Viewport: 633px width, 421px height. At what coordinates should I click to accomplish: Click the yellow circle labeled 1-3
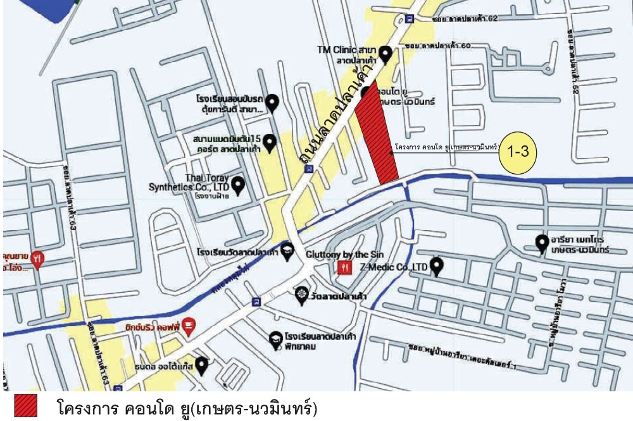[518, 152]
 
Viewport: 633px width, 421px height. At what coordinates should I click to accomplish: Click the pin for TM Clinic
[385, 54]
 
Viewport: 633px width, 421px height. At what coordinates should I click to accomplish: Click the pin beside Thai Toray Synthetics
[238, 185]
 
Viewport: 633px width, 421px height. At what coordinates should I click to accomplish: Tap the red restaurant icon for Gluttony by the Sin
[344, 267]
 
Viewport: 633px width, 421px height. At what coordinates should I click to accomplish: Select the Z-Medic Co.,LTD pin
[437, 266]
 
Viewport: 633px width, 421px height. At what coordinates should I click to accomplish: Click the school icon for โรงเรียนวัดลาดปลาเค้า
[287, 250]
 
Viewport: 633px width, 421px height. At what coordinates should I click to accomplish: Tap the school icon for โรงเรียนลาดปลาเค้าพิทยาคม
[275, 340]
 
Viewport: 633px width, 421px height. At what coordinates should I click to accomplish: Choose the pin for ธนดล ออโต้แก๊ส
[202, 365]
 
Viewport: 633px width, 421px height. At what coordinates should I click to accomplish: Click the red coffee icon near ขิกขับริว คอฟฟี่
[189, 326]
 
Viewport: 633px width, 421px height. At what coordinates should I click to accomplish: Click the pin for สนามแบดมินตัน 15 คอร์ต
[270, 143]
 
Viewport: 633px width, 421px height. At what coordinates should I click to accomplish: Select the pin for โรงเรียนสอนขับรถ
[273, 102]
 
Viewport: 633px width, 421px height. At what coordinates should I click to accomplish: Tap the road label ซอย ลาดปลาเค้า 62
[466, 19]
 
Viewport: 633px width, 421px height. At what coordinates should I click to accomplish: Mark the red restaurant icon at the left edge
[38, 259]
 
